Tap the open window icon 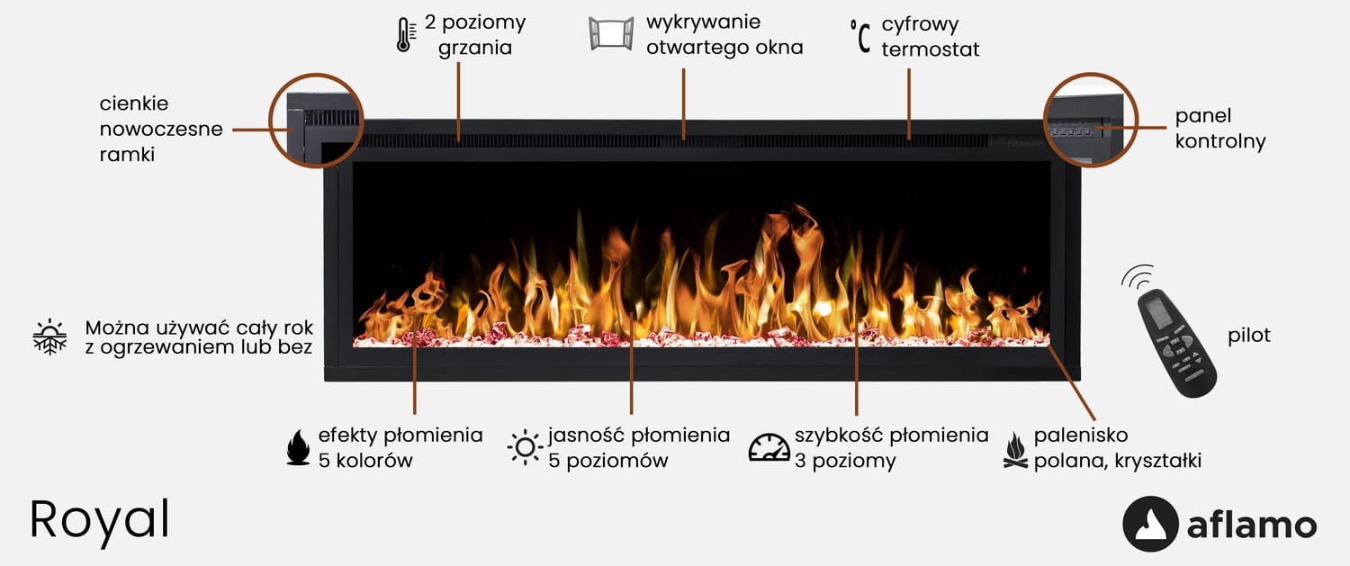(x=611, y=33)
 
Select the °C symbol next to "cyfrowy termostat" (x=860, y=37)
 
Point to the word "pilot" (x=1249, y=336)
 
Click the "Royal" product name (x=100, y=519)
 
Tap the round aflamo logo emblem (x=1150, y=524)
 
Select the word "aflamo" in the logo (x=1251, y=526)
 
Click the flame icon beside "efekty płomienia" (x=298, y=447)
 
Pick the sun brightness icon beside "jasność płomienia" (x=524, y=447)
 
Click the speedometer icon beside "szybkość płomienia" (x=769, y=447)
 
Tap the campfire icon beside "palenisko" (x=1015, y=449)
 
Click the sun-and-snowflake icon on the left (x=49, y=337)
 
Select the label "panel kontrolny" (x=1219, y=129)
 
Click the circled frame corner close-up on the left (x=316, y=121)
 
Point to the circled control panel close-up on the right (x=1091, y=121)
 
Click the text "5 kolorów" (x=365, y=461)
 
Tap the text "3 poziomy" (x=845, y=462)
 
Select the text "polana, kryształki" (x=1117, y=462)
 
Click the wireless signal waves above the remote (x=1138, y=275)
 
